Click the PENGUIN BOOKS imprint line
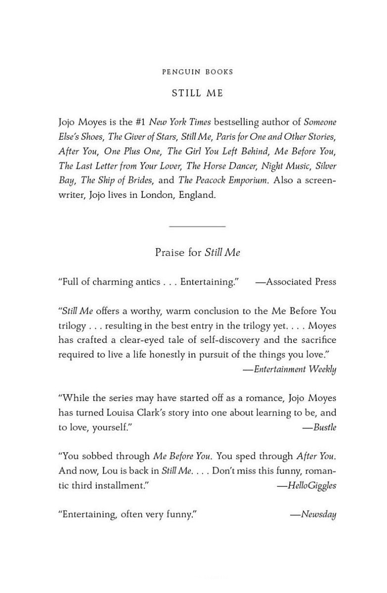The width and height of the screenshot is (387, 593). (x=197, y=72)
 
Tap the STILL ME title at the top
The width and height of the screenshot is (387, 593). (x=197, y=93)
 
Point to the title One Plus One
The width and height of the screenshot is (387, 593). (x=132, y=151)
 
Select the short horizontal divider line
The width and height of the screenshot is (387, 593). (x=197, y=226)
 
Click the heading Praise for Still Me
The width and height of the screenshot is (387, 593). (x=197, y=253)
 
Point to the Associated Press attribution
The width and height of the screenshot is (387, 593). (x=296, y=282)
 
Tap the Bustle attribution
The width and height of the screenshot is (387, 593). (x=319, y=427)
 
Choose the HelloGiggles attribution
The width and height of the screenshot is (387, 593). (x=306, y=486)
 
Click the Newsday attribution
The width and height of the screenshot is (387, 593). (x=313, y=515)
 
